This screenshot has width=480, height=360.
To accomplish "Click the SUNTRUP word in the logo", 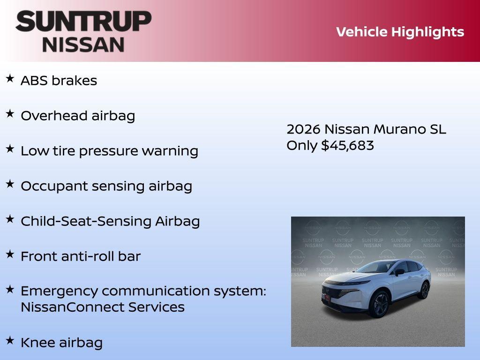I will click(x=83, y=21).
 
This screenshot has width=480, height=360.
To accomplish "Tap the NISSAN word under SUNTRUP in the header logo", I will click(x=83, y=44).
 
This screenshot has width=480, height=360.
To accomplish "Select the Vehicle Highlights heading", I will click(x=400, y=32).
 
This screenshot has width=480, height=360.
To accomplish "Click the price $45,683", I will click(x=347, y=145).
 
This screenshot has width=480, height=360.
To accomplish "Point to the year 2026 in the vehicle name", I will click(x=303, y=129).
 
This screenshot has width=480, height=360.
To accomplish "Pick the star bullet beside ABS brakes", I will click(x=10, y=78).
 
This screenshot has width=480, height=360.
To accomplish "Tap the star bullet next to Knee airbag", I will click(x=10, y=340).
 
